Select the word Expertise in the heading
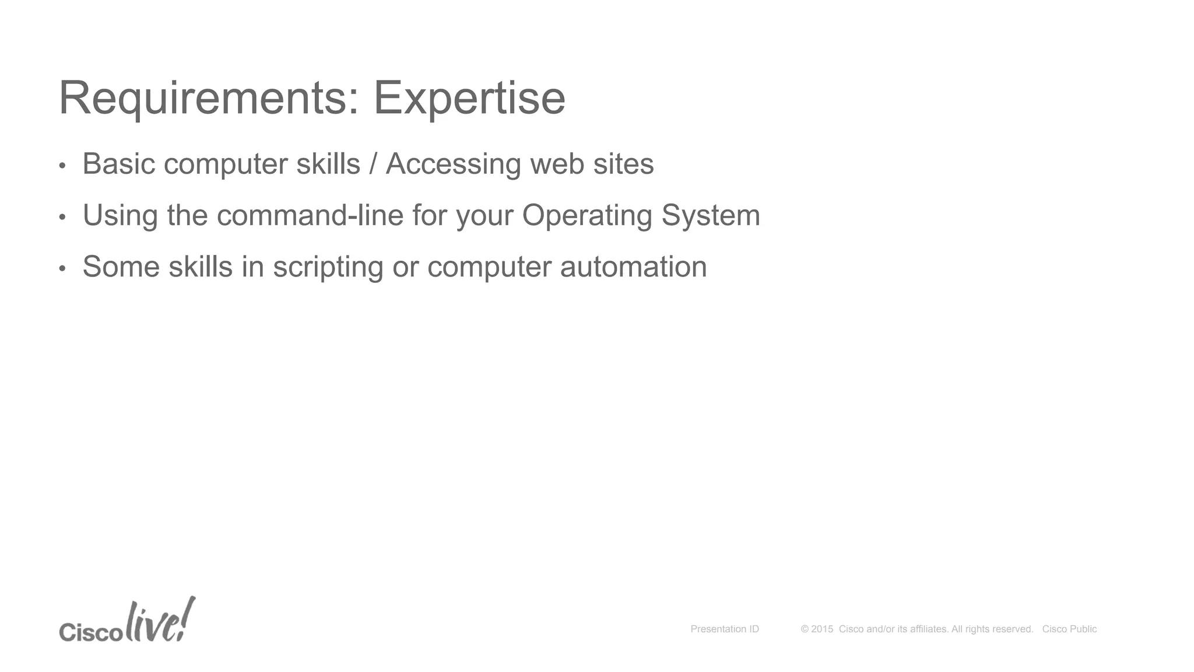point(469,98)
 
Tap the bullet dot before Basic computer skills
point(62,166)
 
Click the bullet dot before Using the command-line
point(62,218)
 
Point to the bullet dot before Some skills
point(62,269)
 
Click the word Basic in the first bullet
point(119,164)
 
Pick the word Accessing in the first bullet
point(453,164)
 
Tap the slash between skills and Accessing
point(373,164)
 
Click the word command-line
point(310,215)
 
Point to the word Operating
point(587,215)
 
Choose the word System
point(711,215)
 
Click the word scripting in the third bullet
point(328,267)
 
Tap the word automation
point(633,267)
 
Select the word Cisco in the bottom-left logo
point(91,632)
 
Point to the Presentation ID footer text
point(725,629)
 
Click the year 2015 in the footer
point(822,629)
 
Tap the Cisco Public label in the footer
point(1069,629)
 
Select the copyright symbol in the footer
point(805,629)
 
